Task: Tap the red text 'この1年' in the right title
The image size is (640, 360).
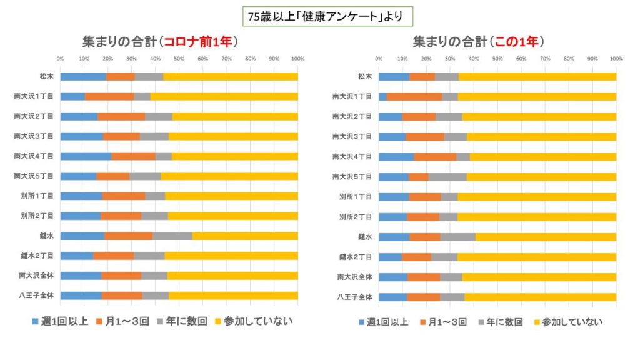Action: (519, 42)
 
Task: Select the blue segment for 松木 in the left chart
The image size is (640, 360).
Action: (83, 76)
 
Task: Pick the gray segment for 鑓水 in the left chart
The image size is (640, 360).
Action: (172, 236)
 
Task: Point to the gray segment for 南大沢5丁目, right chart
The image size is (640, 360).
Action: (447, 176)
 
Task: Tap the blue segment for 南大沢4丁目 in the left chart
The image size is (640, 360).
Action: (86, 156)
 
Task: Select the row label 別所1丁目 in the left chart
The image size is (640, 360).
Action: (39, 196)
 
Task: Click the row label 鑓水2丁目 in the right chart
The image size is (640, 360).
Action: (355, 256)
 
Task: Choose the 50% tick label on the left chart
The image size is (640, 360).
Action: (179, 59)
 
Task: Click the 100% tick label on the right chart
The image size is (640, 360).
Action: (616, 59)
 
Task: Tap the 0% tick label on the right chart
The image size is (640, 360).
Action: (379, 59)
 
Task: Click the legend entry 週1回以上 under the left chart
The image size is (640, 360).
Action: (62, 322)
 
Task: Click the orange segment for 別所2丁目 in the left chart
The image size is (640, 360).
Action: (121, 216)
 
